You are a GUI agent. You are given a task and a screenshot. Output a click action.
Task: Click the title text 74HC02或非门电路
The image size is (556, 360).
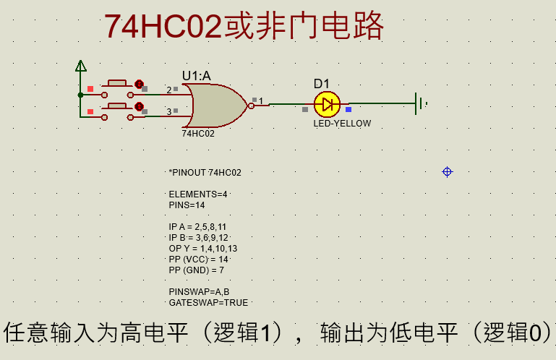[244, 27]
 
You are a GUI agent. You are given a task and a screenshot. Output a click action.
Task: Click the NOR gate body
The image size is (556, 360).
[217, 105]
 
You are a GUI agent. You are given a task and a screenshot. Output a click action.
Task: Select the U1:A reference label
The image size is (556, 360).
[196, 75]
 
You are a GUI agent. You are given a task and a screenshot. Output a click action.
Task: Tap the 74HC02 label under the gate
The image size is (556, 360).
[197, 134]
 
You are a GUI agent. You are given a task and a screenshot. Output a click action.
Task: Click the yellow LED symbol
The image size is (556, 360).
[327, 105]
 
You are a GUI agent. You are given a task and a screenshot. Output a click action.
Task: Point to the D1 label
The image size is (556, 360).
[321, 84]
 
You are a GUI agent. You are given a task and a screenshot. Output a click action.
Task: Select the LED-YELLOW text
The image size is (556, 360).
[342, 124]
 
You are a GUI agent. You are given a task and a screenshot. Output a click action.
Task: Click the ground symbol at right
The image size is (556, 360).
[419, 103]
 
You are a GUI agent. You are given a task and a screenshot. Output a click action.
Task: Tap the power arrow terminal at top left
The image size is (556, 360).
[81, 67]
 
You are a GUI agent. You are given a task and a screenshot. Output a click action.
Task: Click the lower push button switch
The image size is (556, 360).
[117, 109]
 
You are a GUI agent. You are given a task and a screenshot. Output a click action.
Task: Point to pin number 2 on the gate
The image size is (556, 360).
[169, 90]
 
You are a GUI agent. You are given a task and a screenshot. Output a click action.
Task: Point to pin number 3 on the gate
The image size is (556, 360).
[169, 112]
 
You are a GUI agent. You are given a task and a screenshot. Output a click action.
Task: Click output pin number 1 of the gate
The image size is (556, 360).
[261, 101]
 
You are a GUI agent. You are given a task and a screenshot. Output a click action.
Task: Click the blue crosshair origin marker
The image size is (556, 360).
[447, 171]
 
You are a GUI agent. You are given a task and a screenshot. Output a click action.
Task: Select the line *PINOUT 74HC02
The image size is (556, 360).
[205, 173]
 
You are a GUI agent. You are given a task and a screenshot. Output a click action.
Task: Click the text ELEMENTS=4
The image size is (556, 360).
[198, 194]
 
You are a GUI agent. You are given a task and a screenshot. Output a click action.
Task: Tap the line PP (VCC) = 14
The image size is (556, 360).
[198, 259]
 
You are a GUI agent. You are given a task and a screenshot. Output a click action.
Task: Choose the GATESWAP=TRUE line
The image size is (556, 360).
[208, 302]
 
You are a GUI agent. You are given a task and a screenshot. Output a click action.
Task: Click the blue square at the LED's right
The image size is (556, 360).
[348, 110]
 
